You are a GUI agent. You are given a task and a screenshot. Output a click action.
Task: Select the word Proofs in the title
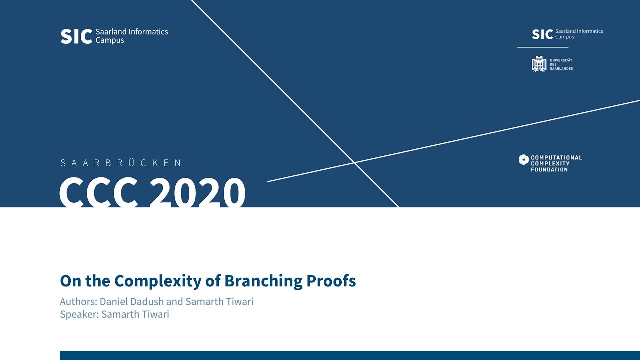[331, 281]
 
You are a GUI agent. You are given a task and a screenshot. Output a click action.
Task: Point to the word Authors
[77, 302]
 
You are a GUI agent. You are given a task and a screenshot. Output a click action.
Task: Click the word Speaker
[78, 314]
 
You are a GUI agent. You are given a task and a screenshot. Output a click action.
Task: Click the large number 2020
[197, 193]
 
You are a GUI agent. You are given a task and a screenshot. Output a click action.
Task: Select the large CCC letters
[99, 193]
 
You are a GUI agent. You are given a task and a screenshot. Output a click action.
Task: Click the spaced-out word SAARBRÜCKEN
[120, 163]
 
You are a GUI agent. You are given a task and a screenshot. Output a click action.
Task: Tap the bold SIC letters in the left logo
[76, 36]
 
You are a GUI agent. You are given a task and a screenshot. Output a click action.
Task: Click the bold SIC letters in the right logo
[542, 34]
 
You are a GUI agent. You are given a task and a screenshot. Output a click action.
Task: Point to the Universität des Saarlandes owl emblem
[539, 64]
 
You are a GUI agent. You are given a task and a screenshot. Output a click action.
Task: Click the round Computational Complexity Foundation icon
[523, 160]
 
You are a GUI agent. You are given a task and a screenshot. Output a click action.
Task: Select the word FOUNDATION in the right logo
[549, 170]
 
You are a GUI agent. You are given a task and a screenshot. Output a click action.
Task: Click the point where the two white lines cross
[354, 162]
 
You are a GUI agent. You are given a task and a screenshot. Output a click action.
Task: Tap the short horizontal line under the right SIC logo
[543, 47]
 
